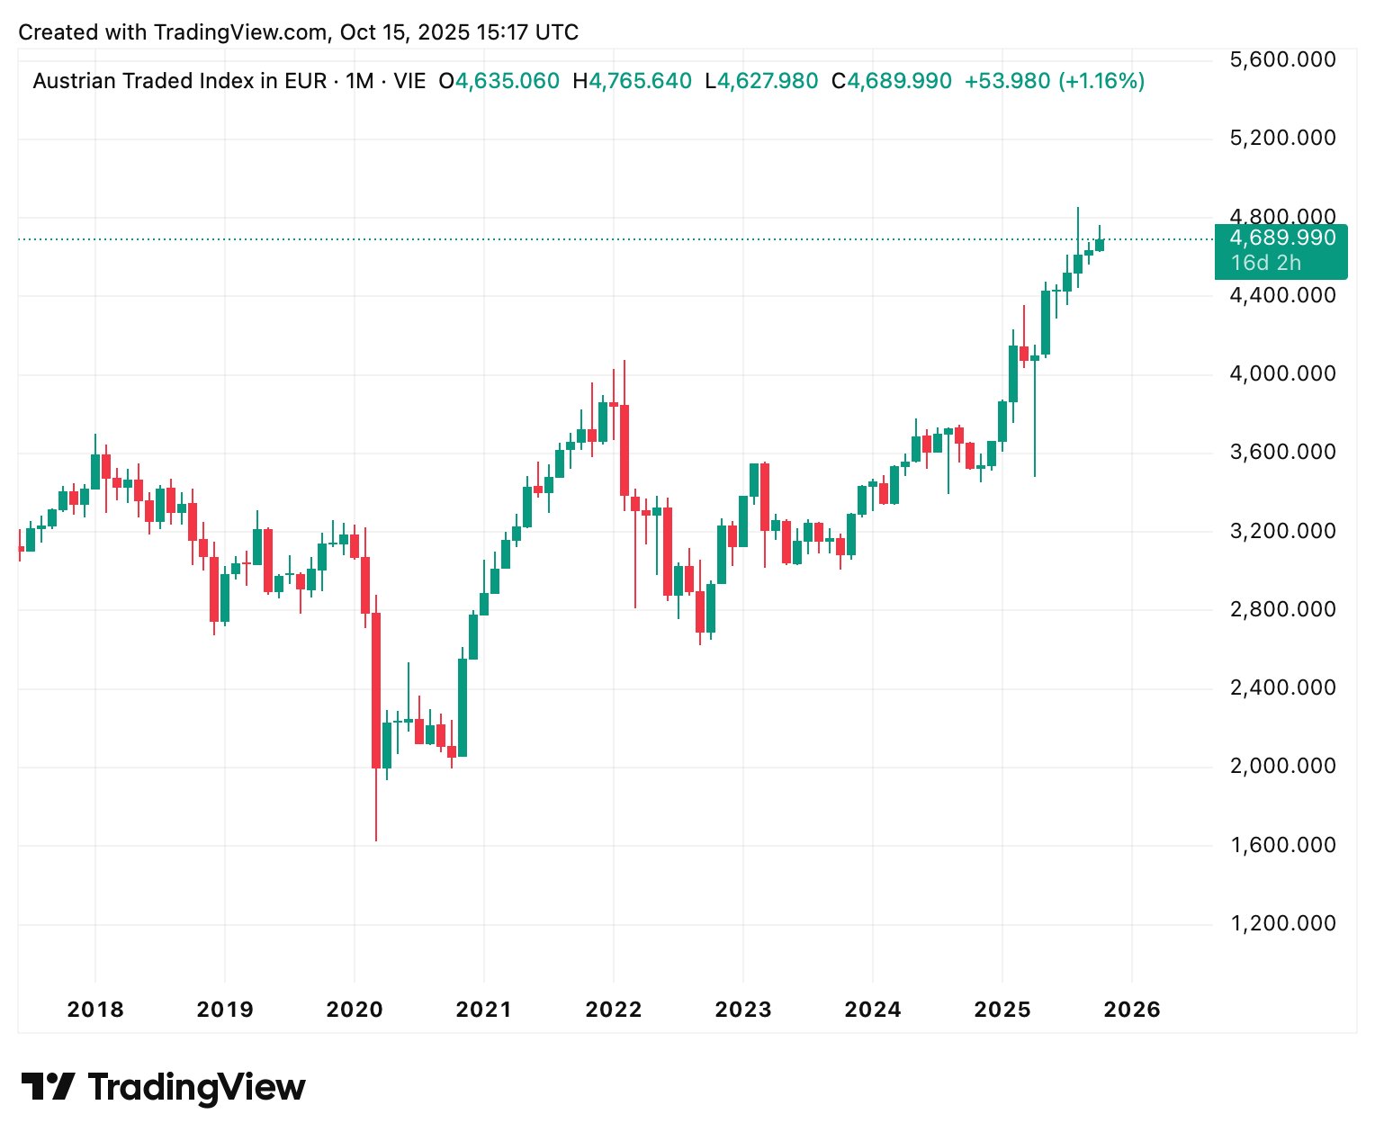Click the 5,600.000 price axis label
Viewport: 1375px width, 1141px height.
pyautogui.click(x=1282, y=60)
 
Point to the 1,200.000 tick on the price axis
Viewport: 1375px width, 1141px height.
pyautogui.click(x=1282, y=923)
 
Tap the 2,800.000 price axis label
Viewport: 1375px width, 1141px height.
pyautogui.click(x=1282, y=609)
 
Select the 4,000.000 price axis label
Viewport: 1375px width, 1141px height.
pyautogui.click(x=1282, y=373)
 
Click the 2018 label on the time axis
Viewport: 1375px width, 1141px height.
pyautogui.click(x=95, y=1010)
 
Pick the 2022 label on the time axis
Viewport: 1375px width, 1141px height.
pyautogui.click(x=614, y=1010)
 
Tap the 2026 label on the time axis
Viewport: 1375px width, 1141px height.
pyautogui.click(x=1132, y=1010)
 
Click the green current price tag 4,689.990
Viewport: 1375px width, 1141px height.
pyautogui.click(x=1281, y=238)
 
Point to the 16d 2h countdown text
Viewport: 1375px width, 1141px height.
pyautogui.click(x=1266, y=263)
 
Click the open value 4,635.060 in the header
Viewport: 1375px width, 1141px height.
pyautogui.click(x=508, y=82)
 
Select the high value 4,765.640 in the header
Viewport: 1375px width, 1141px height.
pyautogui.click(x=640, y=82)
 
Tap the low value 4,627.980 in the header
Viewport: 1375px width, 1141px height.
pyautogui.click(x=768, y=82)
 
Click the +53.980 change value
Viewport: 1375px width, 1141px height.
pyautogui.click(x=1007, y=82)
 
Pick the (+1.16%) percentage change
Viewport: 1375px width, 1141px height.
pyautogui.click(x=1101, y=82)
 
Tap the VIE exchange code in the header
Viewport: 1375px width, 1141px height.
pyautogui.click(x=409, y=82)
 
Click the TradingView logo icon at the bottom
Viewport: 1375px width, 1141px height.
pyautogui.click(x=48, y=1087)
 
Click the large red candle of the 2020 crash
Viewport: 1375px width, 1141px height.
pyautogui.click(x=376, y=690)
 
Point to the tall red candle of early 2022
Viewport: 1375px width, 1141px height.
pyautogui.click(x=624, y=450)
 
